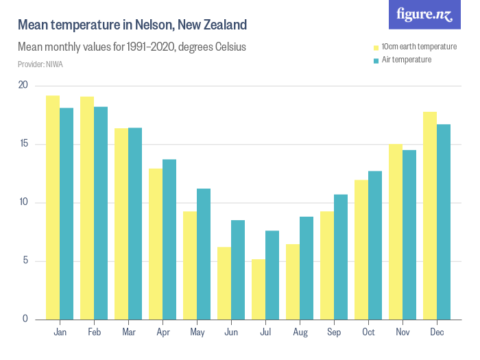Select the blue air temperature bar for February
coord(101,213)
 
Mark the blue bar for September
coord(341,256)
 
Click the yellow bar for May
coord(190,265)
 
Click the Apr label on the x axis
coord(163,332)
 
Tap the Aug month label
coord(300,332)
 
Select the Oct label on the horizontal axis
coord(368,332)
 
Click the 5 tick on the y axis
coord(25,261)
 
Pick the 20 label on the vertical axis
coord(23,85)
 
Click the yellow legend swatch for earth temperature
coord(376,47)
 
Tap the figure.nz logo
coord(425,14)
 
